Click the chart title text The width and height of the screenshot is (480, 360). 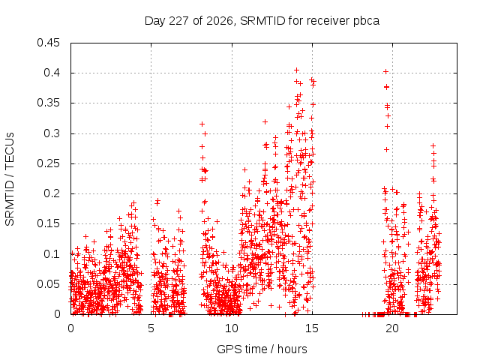click(262, 21)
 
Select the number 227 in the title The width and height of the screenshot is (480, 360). click(179, 21)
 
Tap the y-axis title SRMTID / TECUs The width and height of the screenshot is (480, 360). click(10, 179)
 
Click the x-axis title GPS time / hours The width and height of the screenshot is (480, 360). click(262, 349)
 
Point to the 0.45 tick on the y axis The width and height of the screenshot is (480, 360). click(48, 43)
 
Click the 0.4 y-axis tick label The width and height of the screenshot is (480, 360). click(52, 73)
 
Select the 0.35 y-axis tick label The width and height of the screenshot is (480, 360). click(48, 103)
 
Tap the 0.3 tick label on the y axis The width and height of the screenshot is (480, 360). click(52, 133)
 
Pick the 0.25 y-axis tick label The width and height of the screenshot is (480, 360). click(48, 163)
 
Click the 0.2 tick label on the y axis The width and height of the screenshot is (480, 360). click(52, 193)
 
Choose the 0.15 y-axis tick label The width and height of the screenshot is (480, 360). click(48, 223)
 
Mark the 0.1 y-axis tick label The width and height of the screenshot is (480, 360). click(52, 254)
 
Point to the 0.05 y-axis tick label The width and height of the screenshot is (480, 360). click(48, 284)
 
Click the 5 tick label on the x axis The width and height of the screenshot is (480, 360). click(151, 328)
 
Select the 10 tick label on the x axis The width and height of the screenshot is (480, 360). click(232, 328)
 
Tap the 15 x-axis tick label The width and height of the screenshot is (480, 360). click(312, 328)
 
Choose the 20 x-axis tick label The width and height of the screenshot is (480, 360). click(392, 328)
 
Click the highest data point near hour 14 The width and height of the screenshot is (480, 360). click(296, 70)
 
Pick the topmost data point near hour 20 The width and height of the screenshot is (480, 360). click(386, 72)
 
